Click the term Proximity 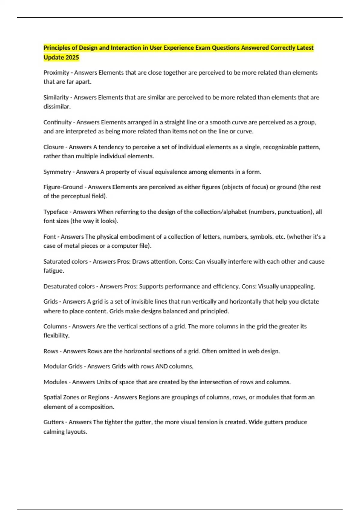[x=56, y=73]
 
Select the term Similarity [x=56, y=97]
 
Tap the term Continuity [x=58, y=122]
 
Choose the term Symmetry [x=57, y=172]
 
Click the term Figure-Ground [x=63, y=187]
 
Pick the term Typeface [x=56, y=212]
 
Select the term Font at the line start [x=50, y=237]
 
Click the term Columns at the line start [x=55, y=326]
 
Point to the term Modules [x=55, y=382]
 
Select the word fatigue [x=53, y=271]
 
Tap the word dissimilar [x=57, y=106]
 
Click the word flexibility [x=56, y=335]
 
